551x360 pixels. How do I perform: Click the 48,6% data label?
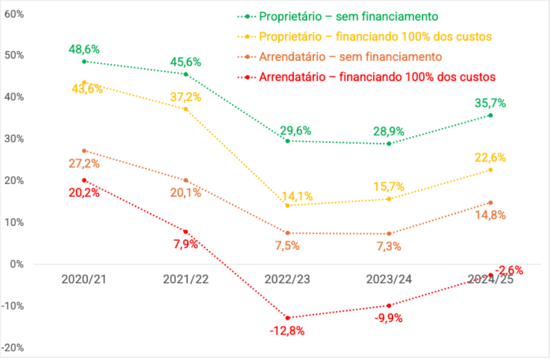point(85,49)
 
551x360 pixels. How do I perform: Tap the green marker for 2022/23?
point(288,141)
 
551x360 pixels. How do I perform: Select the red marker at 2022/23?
point(288,318)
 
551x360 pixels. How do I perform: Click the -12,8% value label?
point(287,331)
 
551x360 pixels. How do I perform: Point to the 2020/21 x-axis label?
point(84,280)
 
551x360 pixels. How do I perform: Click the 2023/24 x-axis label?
point(389,280)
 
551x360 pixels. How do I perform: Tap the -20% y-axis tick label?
point(14,347)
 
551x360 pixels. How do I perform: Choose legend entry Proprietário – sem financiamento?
point(348,16)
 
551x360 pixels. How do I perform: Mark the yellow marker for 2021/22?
point(186,109)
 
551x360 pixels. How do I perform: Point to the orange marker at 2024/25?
point(491,203)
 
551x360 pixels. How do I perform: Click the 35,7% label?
point(491,103)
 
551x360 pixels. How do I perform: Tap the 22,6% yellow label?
point(491,157)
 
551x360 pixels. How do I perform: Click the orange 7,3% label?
point(389,246)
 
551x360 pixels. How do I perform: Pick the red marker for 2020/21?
point(84,180)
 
